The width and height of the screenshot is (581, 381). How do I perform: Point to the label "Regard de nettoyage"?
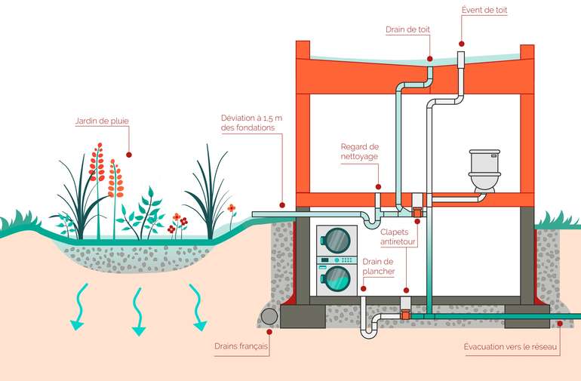click(x=359, y=151)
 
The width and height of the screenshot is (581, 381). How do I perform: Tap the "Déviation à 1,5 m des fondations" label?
click(x=251, y=123)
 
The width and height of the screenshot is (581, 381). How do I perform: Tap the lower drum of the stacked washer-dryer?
click(x=336, y=278)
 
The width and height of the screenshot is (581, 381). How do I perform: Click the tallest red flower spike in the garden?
click(x=97, y=162)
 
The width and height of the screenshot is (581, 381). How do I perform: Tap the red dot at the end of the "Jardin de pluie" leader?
click(x=129, y=154)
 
